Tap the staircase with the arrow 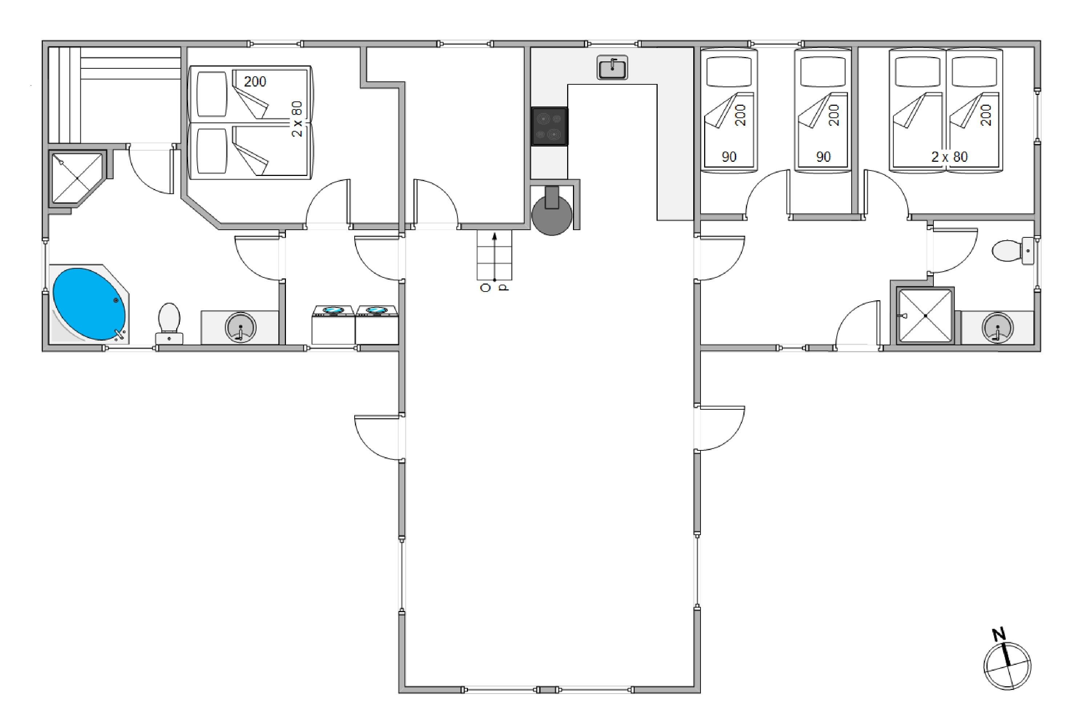pyautogui.click(x=494, y=256)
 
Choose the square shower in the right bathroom pyautogui.click(x=925, y=316)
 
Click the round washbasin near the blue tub pyautogui.click(x=241, y=328)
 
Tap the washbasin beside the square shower pyautogui.click(x=997, y=328)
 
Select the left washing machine pyautogui.click(x=333, y=325)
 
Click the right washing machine pyautogui.click(x=377, y=325)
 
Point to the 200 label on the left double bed pyautogui.click(x=255, y=81)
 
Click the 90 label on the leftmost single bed pyautogui.click(x=729, y=157)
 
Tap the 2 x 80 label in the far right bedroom pyautogui.click(x=950, y=157)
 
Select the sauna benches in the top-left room pyautogui.click(x=114, y=95)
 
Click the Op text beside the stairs pyautogui.click(x=494, y=288)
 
